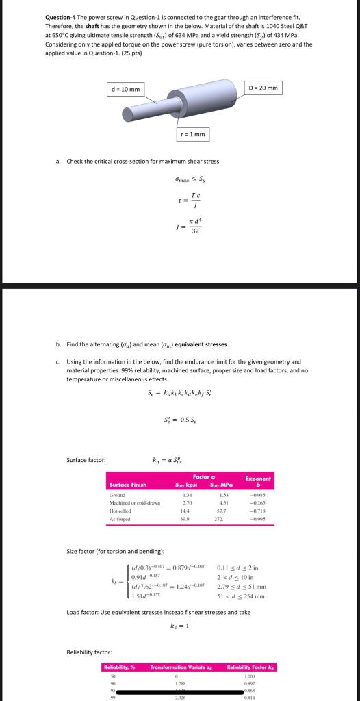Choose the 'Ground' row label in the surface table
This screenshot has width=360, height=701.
point(117,495)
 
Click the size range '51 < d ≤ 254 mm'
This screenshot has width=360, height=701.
point(241,596)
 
